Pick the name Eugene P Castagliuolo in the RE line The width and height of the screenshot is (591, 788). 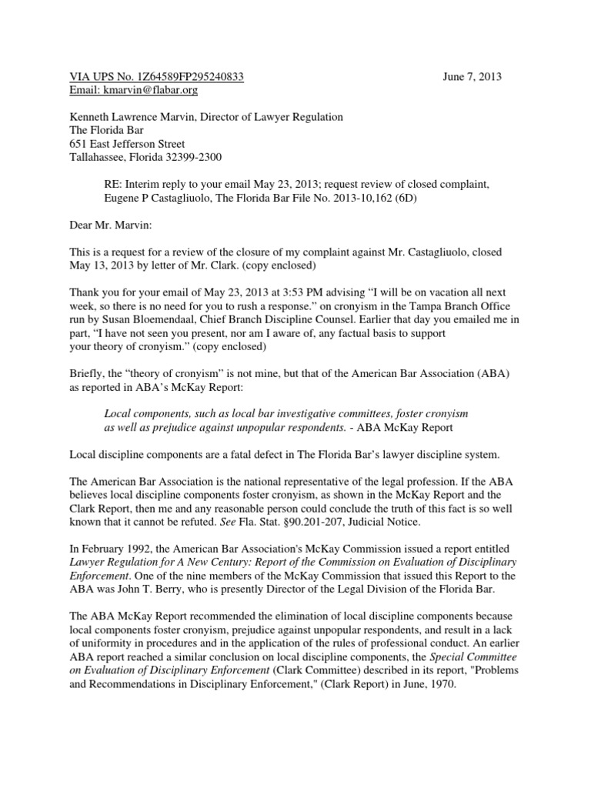click(162, 198)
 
